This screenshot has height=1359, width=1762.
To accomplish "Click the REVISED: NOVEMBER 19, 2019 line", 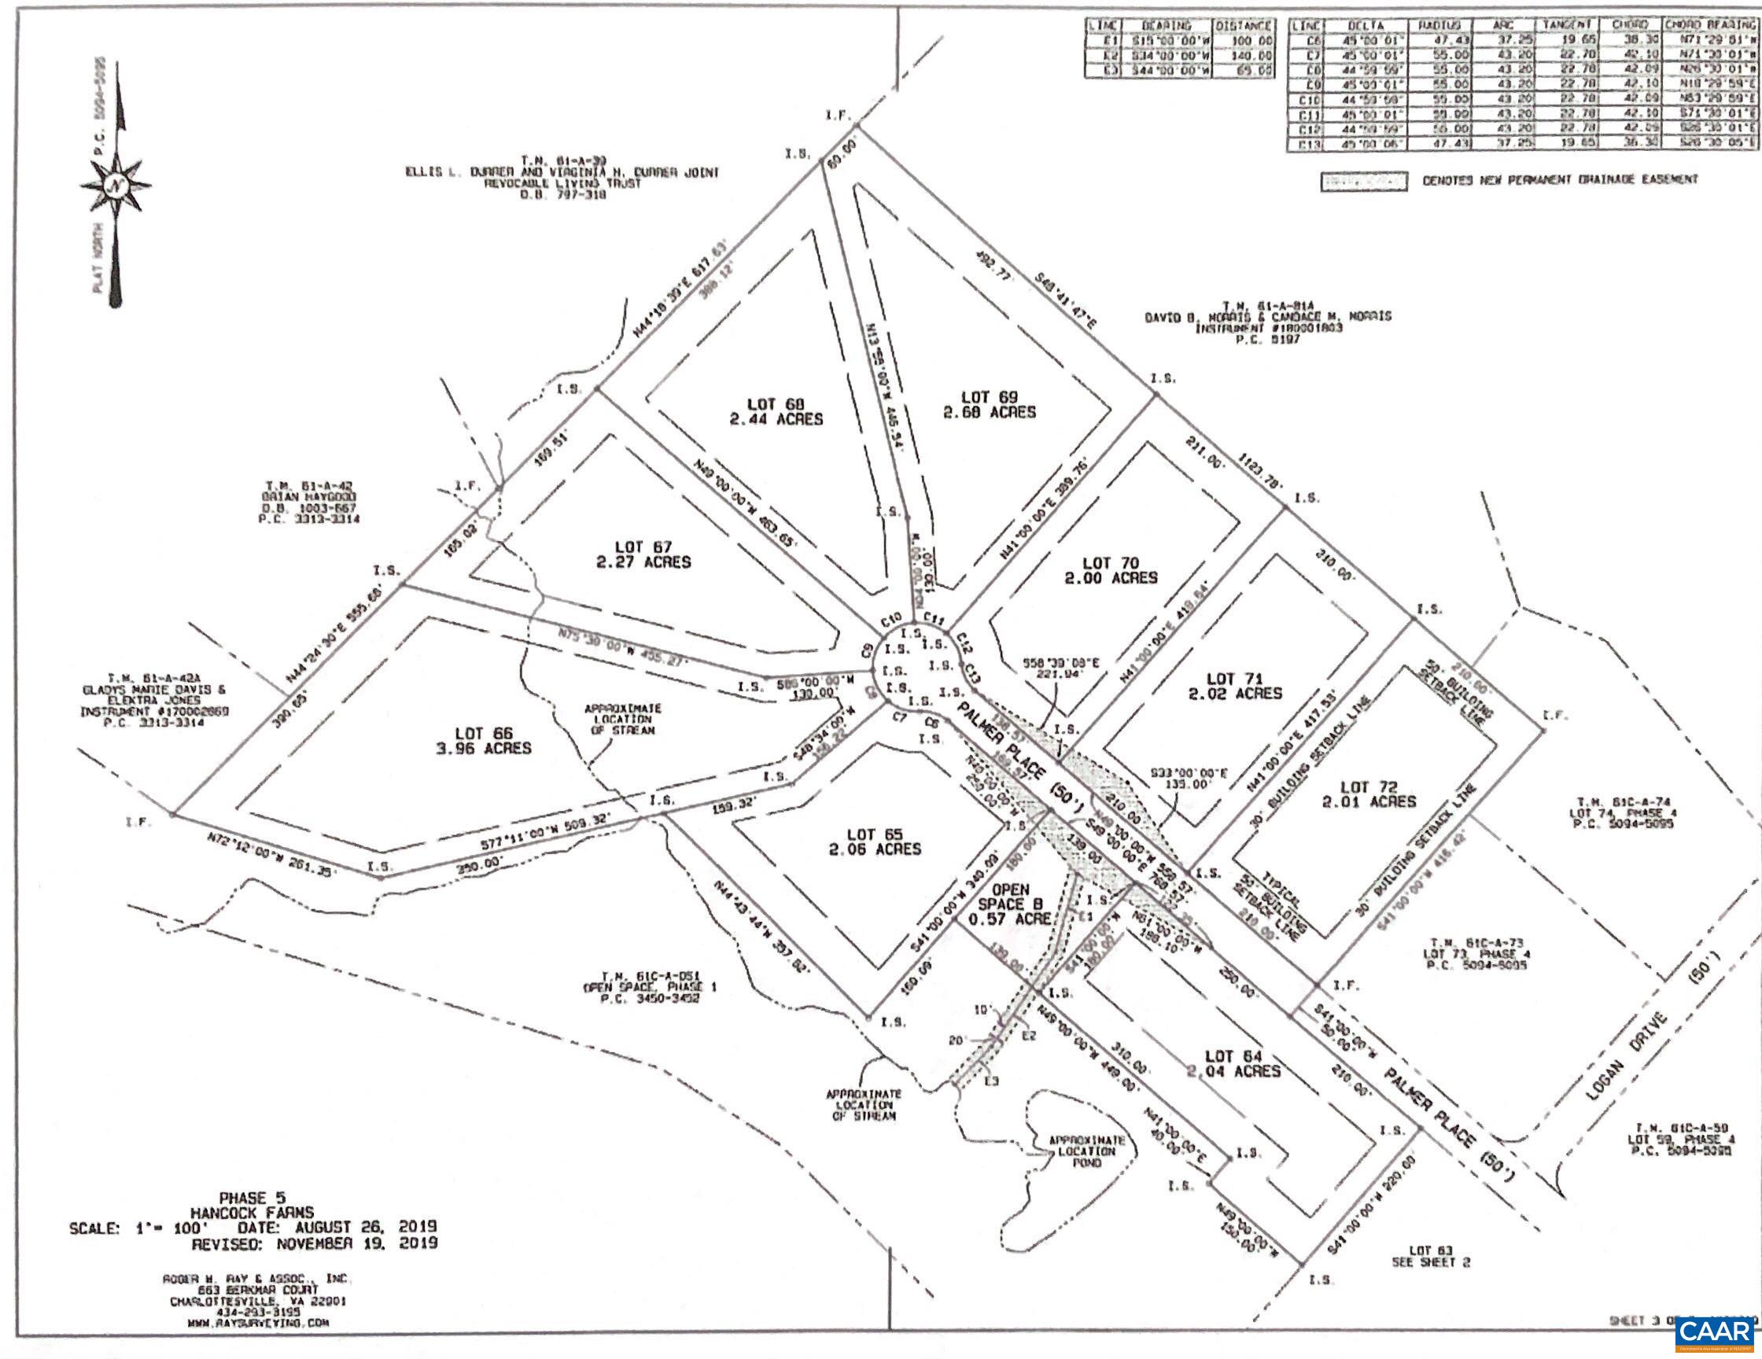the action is (x=314, y=1243).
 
